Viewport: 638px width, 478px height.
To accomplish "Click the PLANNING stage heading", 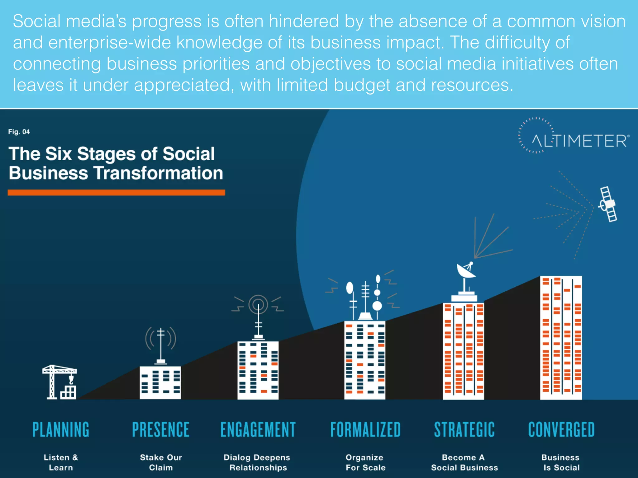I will pos(61,430).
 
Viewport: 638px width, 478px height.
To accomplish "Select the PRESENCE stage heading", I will pos(161,430).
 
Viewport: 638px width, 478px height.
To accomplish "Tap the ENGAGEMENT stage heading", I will pos(258,430).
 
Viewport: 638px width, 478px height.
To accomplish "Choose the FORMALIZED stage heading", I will pos(365,430).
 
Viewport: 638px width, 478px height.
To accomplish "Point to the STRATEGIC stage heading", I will pos(464,430).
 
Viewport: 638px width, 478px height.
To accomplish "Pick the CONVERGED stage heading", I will pos(561,430).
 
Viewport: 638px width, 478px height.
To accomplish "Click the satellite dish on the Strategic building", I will pos(465,271).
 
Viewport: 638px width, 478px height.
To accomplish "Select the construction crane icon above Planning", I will pos(60,382).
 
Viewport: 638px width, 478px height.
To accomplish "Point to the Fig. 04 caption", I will pos(19,132).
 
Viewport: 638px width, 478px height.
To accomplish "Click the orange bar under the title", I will pos(116,193).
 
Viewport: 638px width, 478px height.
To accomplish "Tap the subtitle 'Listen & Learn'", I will pos(61,462).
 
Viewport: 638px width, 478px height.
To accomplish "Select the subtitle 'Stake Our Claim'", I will pos(161,462).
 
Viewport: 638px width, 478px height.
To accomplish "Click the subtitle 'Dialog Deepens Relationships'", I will pos(257,462).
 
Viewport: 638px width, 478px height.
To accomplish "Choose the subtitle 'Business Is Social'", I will pos(561,462).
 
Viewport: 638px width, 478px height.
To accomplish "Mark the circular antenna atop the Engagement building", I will pos(258,304).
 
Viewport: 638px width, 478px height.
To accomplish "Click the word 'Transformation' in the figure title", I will pos(158,173).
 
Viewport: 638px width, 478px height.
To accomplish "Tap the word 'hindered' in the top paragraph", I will pos(303,21).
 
